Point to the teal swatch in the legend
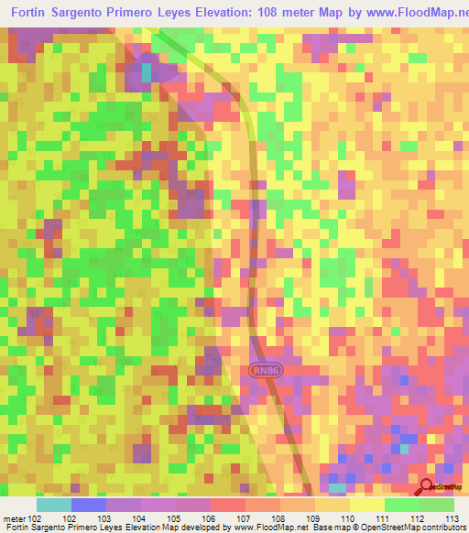point(53,505)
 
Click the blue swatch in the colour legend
point(88,505)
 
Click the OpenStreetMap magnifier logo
point(426,487)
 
